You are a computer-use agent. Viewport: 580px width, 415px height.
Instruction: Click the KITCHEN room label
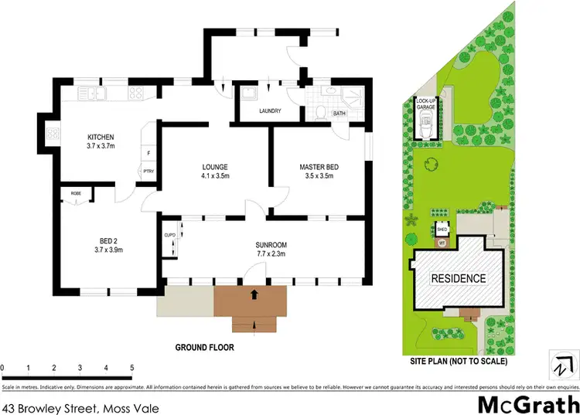coord(100,139)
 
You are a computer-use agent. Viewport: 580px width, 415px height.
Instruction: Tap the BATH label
coord(339,114)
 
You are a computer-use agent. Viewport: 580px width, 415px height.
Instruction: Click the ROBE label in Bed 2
coord(76,193)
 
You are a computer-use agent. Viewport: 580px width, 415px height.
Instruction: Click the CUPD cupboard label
coord(170,235)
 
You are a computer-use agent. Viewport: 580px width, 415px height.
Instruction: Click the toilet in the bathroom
coord(320,111)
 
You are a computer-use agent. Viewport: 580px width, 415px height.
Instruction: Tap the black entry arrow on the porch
coord(254,294)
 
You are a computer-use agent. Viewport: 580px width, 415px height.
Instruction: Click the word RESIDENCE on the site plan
coord(459,279)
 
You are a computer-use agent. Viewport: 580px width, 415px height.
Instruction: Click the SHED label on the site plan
coord(442,229)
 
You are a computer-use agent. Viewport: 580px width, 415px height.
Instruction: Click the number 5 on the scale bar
coord(132,368)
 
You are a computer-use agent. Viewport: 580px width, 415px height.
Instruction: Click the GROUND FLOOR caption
coord(204,348)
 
